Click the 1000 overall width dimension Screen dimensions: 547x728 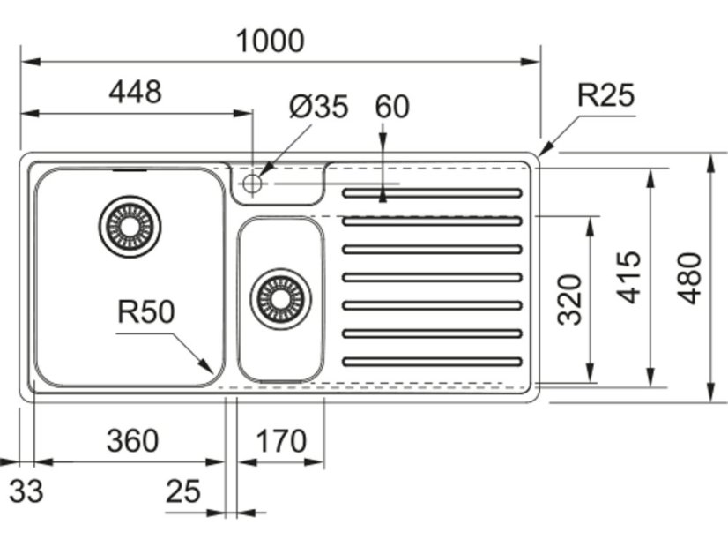tap(271, 41)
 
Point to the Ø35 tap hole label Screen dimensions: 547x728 tap(318, 107)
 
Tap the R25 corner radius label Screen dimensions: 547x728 tap(605, 94)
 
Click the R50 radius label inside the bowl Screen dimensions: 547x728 tap(145, 311)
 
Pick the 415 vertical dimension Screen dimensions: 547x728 tap(629, 277)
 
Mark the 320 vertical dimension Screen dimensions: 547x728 tap(570, 299)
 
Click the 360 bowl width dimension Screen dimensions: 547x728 tap(132, 439)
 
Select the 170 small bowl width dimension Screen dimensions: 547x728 tap(279, 439)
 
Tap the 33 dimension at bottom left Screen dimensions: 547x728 tap(26, 491)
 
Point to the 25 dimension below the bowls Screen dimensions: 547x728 tap(183, 491)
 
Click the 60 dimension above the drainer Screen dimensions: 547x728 tap(392, 107)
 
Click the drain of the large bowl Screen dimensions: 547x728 tap(130, 227)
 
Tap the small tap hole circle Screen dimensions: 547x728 tap(253, 183)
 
